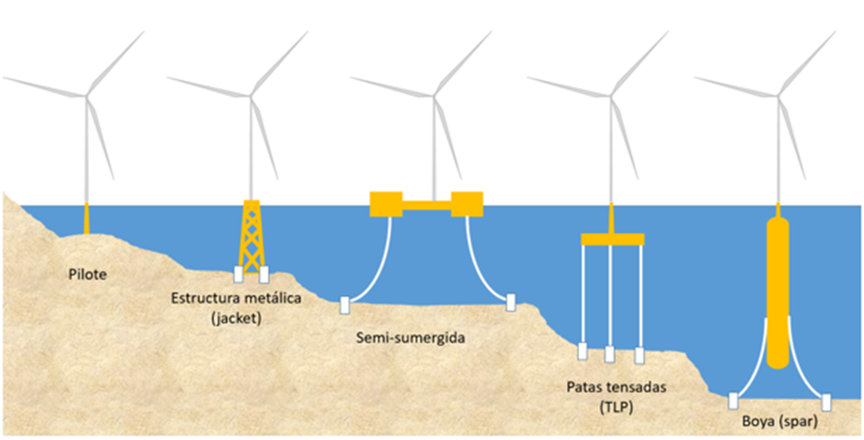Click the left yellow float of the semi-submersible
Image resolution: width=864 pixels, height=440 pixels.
click(387, 204)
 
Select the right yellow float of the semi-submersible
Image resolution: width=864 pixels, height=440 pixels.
click(468, 204)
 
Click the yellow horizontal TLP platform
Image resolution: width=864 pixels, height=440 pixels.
click(612, 238)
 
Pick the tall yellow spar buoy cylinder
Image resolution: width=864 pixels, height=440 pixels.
click(778, 288)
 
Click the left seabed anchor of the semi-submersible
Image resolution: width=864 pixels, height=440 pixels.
click(344, 305)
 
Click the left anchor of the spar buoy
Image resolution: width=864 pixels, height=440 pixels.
click(734, 400)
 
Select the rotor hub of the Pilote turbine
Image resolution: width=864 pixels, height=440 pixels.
click(87, 94)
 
